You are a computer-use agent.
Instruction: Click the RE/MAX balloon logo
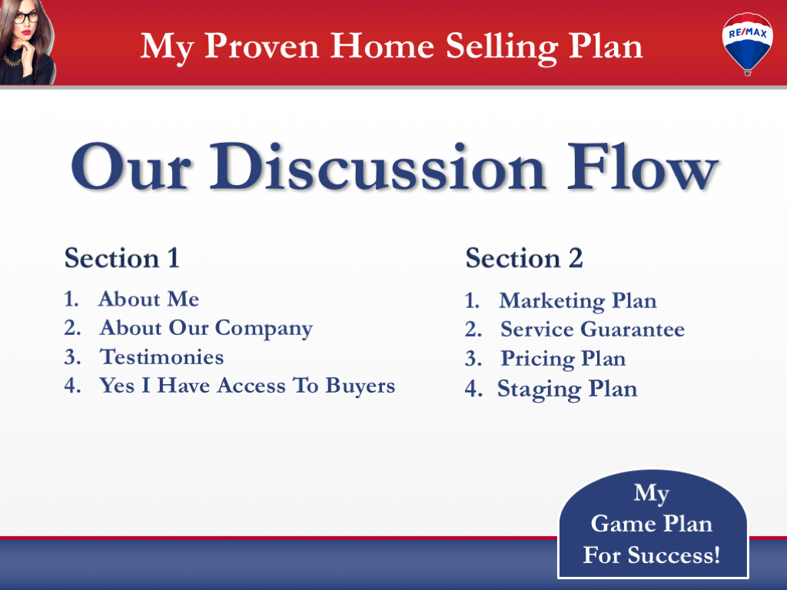tap(747, 41)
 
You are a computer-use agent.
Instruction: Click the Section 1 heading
tap(121, 258)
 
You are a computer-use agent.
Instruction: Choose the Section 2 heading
tap(524, 258)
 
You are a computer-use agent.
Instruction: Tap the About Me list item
tap(148, 299)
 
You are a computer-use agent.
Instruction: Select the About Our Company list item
tap(205, 328)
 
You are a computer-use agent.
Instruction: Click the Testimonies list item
tap(161, 357)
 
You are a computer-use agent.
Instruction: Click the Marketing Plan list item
tap(577, 300)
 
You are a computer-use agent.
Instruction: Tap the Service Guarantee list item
tap(592, 330)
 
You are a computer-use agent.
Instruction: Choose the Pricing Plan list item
tap(563, 359)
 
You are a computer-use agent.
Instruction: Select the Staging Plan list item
tap(567, 389)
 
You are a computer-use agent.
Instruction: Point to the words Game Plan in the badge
tap(651, 524)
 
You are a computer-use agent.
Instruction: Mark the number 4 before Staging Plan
tap(471, 389)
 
